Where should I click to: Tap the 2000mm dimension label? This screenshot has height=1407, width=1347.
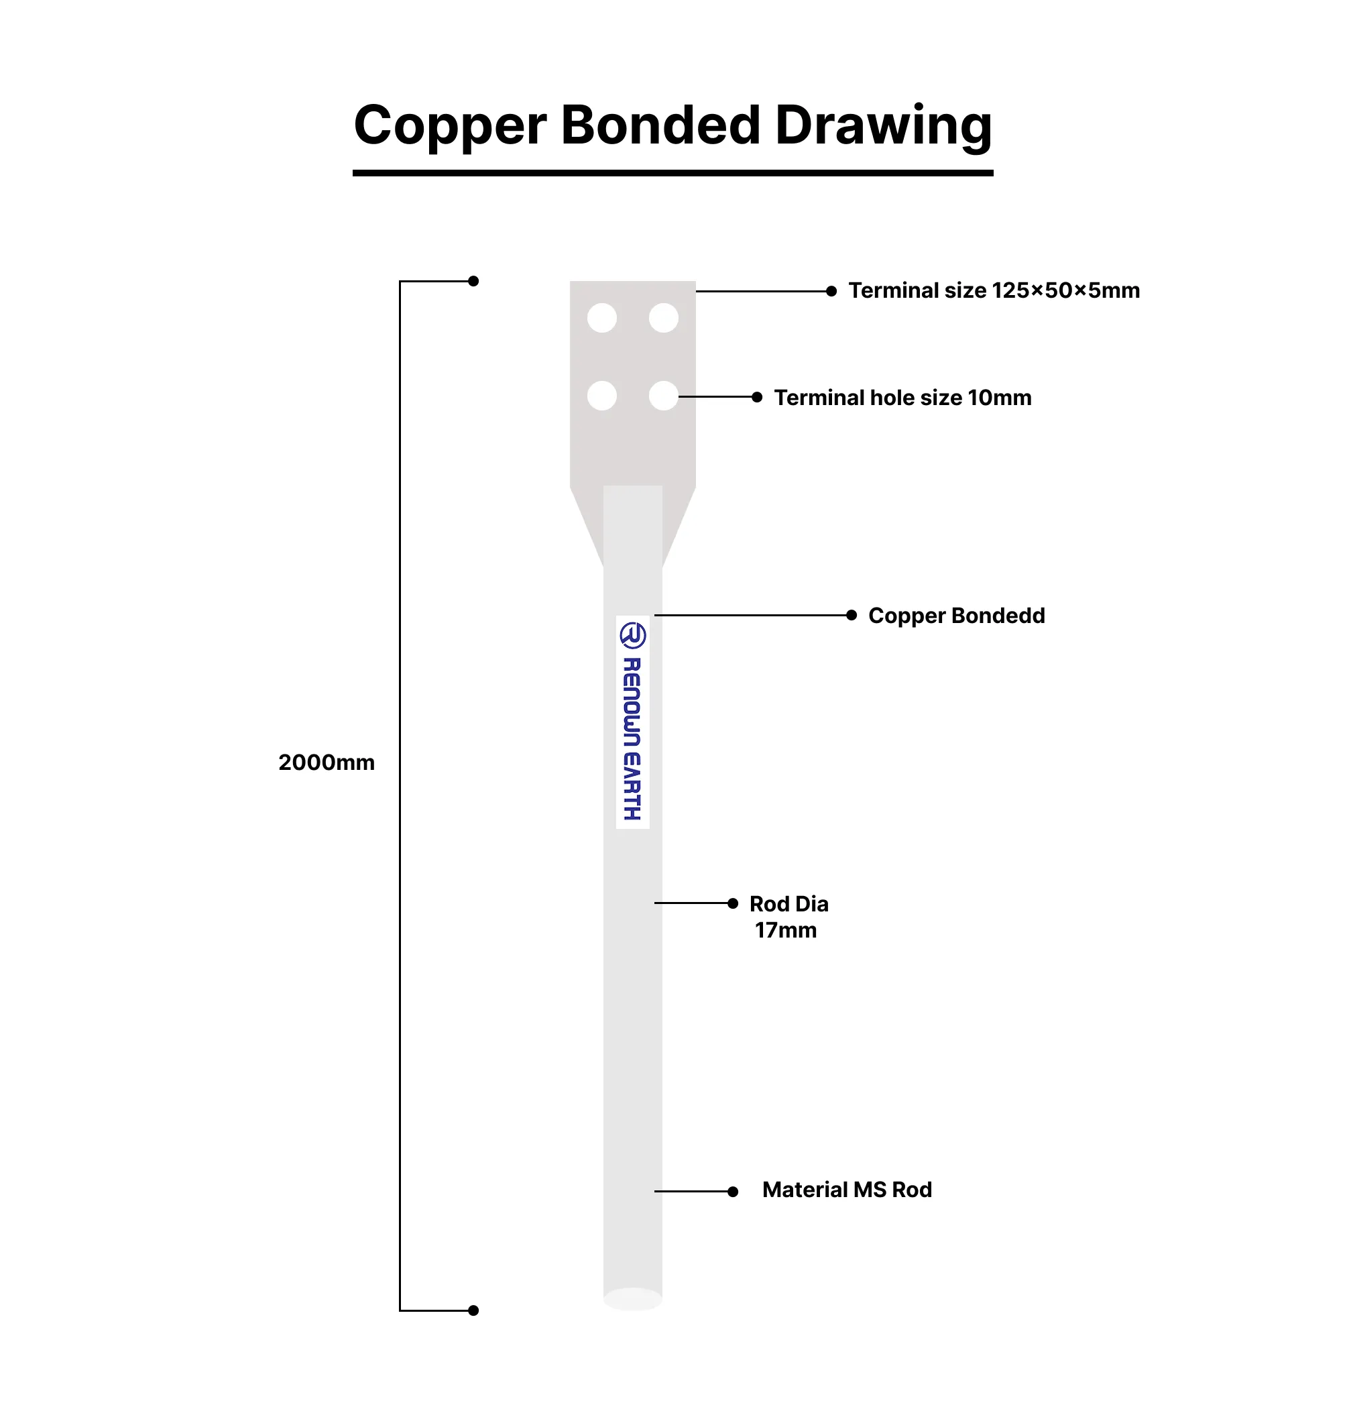pos(327,762)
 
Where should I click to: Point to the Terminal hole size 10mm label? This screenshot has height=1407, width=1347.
pos(902,397)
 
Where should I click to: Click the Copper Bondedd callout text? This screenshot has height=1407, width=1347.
pos(957,616)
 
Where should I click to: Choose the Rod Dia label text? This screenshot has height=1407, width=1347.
pos(788,904)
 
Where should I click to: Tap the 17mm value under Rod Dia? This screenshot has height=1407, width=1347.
pos(786,930)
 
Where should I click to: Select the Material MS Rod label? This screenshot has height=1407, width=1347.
pos(847,1190)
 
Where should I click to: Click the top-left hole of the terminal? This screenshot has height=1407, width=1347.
pos(602,318)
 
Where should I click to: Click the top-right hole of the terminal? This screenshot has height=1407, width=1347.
pos(664,318)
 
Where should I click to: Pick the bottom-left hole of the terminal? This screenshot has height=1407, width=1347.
pos(602,396)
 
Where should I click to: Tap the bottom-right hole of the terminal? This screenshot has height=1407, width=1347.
pos(664,396)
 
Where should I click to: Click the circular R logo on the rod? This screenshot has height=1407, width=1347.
pos(632,635)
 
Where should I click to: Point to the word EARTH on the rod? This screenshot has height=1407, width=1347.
pos(632,785)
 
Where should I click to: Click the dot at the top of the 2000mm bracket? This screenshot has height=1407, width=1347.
pos(473,282)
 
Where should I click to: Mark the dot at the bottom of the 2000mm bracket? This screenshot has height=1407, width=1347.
pos(473,1310)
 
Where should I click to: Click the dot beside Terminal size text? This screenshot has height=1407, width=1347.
pos(831,291)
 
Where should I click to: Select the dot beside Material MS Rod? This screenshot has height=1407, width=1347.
pos(733,1192)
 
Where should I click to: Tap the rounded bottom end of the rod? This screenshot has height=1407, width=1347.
pos(632,1298)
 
